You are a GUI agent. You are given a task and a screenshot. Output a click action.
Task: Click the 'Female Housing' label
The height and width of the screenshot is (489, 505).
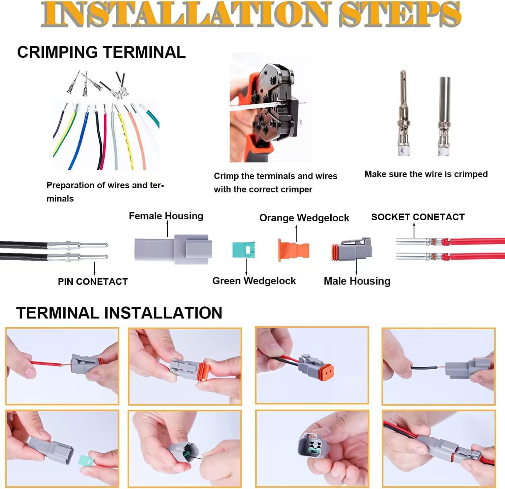point(166,216)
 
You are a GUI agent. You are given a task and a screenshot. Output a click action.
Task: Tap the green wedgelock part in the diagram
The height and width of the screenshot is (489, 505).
point(243,250)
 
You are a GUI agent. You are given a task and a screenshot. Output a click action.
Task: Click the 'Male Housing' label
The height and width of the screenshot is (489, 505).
point(357,281)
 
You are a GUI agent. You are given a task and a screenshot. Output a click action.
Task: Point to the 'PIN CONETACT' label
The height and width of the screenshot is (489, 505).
point(93,281)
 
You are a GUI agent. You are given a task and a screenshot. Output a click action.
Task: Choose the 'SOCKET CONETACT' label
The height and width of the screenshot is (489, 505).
point(418,217)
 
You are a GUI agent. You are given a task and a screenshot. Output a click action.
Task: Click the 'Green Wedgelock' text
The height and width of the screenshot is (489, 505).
point(254,281)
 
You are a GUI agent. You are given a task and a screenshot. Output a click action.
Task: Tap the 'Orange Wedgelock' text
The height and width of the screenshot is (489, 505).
point(304,218)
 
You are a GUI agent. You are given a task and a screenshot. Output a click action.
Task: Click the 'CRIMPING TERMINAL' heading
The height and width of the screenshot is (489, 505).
point(101,52)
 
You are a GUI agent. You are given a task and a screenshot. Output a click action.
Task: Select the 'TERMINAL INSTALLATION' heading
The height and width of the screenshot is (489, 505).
point(119,313)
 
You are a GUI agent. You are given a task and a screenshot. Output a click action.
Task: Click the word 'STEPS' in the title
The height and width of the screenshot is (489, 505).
point(400,14)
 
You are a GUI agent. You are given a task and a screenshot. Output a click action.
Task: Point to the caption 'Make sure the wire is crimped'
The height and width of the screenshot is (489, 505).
point(426,174)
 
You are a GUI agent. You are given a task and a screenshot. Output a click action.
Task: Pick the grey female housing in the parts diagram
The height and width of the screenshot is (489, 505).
point(173,249)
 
